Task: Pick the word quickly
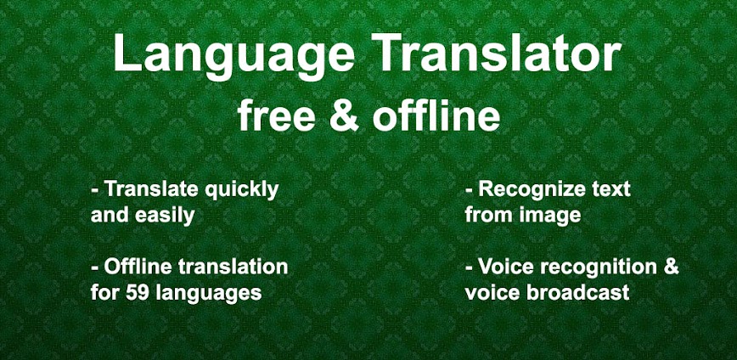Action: [242, 189]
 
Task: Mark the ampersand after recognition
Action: [671, 267]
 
